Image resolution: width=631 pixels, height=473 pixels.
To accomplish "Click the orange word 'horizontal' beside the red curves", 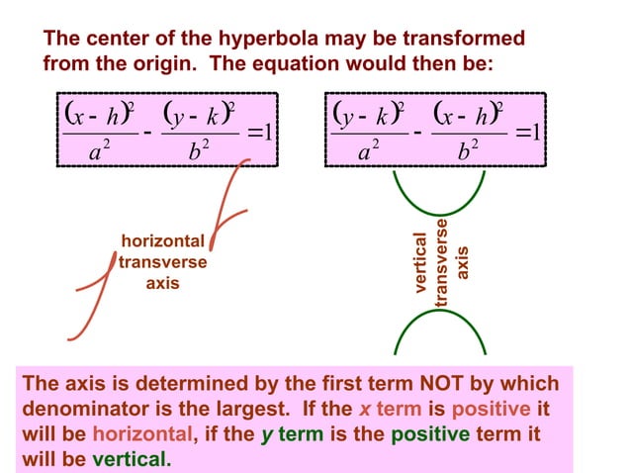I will point(162,240).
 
